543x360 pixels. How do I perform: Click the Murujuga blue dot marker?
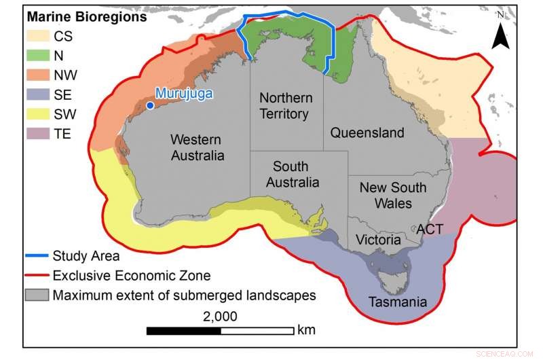click(150, 105)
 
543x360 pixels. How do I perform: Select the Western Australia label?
click(197, 147)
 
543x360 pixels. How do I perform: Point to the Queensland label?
click(367, 132)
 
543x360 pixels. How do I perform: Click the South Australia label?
click(292, 175)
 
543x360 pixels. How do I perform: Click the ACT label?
click(430, 229)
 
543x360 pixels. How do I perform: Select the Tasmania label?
click(397, 302)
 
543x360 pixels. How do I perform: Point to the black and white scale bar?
click(221, 331)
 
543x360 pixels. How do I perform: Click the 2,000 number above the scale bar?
click(220, 316)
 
